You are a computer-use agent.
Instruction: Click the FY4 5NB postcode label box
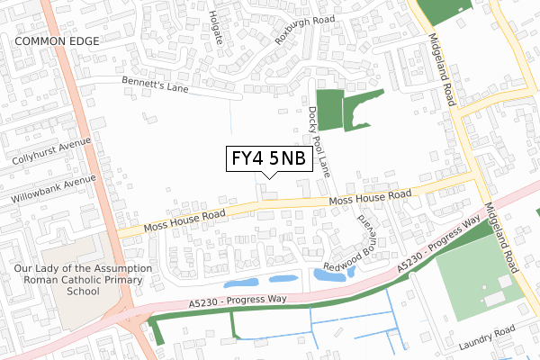268,159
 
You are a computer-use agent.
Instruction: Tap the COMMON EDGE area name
55,41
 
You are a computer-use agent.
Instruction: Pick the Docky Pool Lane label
319,139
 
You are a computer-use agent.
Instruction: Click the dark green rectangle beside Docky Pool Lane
330,111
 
